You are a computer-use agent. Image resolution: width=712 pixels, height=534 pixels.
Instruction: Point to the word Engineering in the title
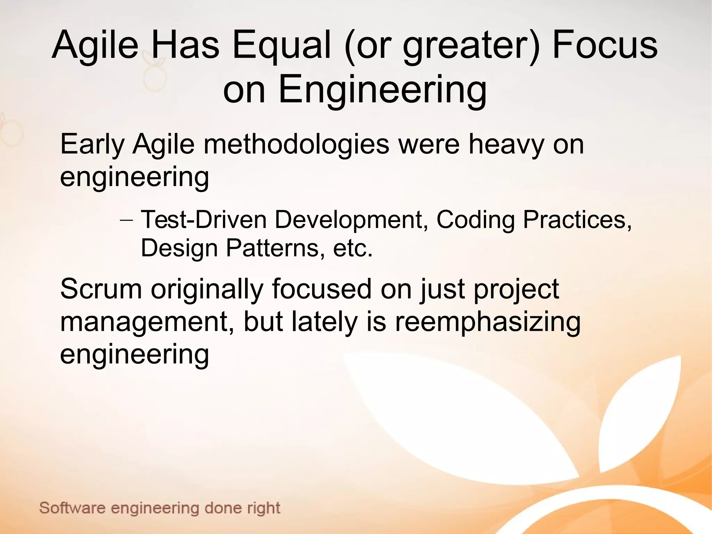(x=382, y=90)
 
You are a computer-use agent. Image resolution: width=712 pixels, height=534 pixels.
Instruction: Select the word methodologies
(x=296, y=145)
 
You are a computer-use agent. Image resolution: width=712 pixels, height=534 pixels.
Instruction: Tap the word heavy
(x=506, y=145)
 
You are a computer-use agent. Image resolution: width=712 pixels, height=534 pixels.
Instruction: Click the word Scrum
(x=101, y=289)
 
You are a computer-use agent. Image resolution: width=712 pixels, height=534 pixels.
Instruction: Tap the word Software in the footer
(x=72, y=508)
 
